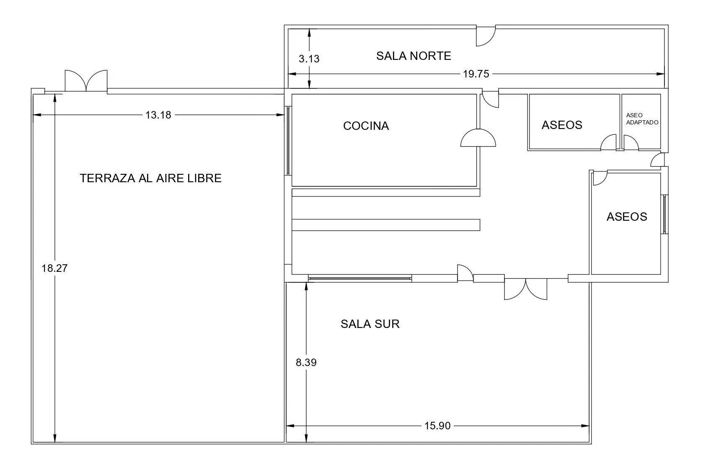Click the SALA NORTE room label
pos(414,56)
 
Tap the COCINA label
pos(366,126)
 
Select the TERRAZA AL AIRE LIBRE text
pos(151,178)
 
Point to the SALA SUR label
pos(370,324)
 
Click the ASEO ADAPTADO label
pos(642,119)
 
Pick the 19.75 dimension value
pos(476,74)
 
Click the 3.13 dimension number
pos(309,59)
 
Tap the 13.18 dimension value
pos(158,115)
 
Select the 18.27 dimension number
pos(54,268)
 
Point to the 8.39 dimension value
pos(306,363)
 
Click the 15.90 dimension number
pos(437,426)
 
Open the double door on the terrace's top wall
pos(86,81)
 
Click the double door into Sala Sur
pos(526,289)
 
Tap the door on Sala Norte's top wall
pos(486,36)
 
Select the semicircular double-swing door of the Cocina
pos(478,138)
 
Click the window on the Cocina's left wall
pos(288,141)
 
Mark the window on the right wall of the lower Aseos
pos(664,214)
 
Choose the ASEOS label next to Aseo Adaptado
pos(562,125)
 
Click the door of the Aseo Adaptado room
pos(631,142)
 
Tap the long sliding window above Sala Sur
pos(359,278)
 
